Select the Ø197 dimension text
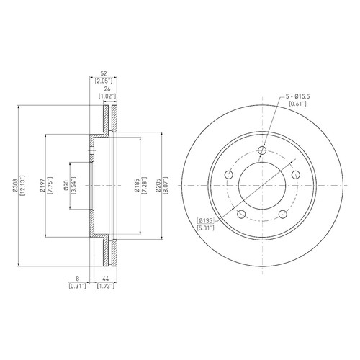click(42, 186)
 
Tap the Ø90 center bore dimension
click(67, 186)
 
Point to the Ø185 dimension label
click(137, 186)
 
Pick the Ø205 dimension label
click(158, 186)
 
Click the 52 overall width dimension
click(104, 73)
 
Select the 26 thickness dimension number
click(107, 89)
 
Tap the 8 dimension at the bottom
click(77, 279)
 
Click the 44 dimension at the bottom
click(106, 279)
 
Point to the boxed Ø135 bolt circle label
click(205, 220)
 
